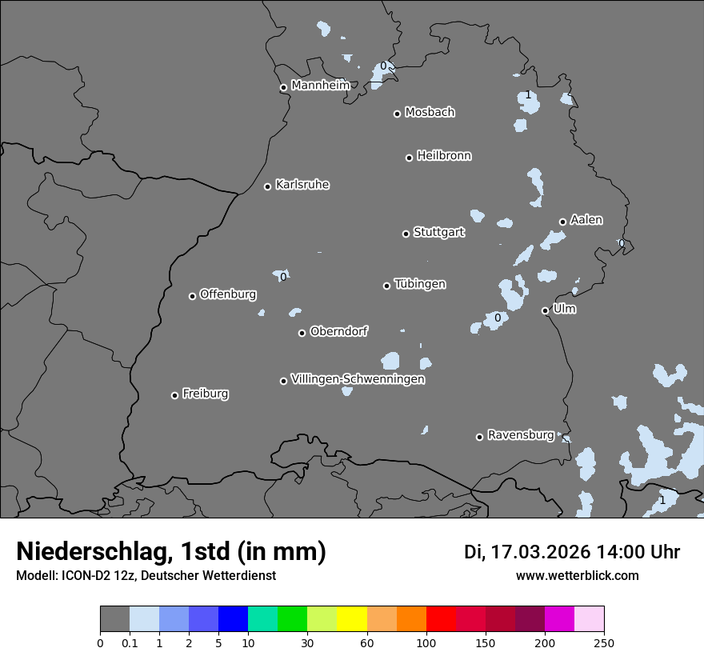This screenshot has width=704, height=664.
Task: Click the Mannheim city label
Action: click(x=320, y=85)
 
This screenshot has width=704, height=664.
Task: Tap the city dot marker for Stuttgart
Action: click(x=406, y=234)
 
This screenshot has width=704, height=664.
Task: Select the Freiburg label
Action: click(x=205, y=394)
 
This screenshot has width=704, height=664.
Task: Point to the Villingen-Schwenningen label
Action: click(x=358, y=379)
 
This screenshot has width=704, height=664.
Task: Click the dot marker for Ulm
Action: click(x=545, y=310)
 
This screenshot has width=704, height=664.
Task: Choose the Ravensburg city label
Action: click(x=520, y=435)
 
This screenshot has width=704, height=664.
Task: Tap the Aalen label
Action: click(x=586, y=220)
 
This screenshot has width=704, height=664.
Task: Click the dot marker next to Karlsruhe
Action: click(x=267, y=186)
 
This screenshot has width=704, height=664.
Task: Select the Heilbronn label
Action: click(x=444, y=156)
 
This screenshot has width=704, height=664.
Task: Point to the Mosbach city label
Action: click(x=429, y=112)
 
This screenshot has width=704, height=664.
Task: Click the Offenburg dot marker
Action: click(x=192, y=296)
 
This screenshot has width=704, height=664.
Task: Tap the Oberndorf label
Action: click(x=338, y=331)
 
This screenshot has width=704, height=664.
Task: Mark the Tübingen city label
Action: click(x=420, y=284)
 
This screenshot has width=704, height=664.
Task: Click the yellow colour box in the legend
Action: click(x=352, y=619)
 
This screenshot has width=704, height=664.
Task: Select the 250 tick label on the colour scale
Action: click(x=604, y=642)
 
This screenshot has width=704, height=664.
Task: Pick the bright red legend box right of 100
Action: click(x=441, y=619)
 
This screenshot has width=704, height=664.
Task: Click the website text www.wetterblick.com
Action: click(x=577, y=575)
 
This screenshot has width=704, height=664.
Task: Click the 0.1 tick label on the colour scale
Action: click(x=130, y=642)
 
